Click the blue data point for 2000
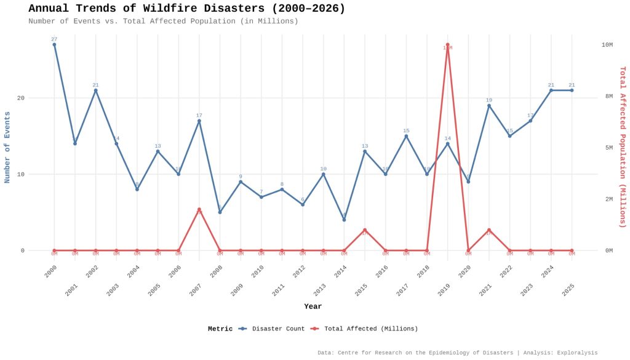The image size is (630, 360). tap(54, 44)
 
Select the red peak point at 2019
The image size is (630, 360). tap(447, 44)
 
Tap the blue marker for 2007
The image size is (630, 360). tap(199, 121)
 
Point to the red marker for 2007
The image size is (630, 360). tap(199, 210)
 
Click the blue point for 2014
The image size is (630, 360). tap(344, 220)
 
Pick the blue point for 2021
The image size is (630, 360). tap(489, 106)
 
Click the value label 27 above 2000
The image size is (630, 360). tap(54, 39)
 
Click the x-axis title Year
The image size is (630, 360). tap(313, 306)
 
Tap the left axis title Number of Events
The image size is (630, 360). tap(7, 147)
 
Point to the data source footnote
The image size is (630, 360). tap(457, 353)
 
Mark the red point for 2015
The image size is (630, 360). tap(365, 230)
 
